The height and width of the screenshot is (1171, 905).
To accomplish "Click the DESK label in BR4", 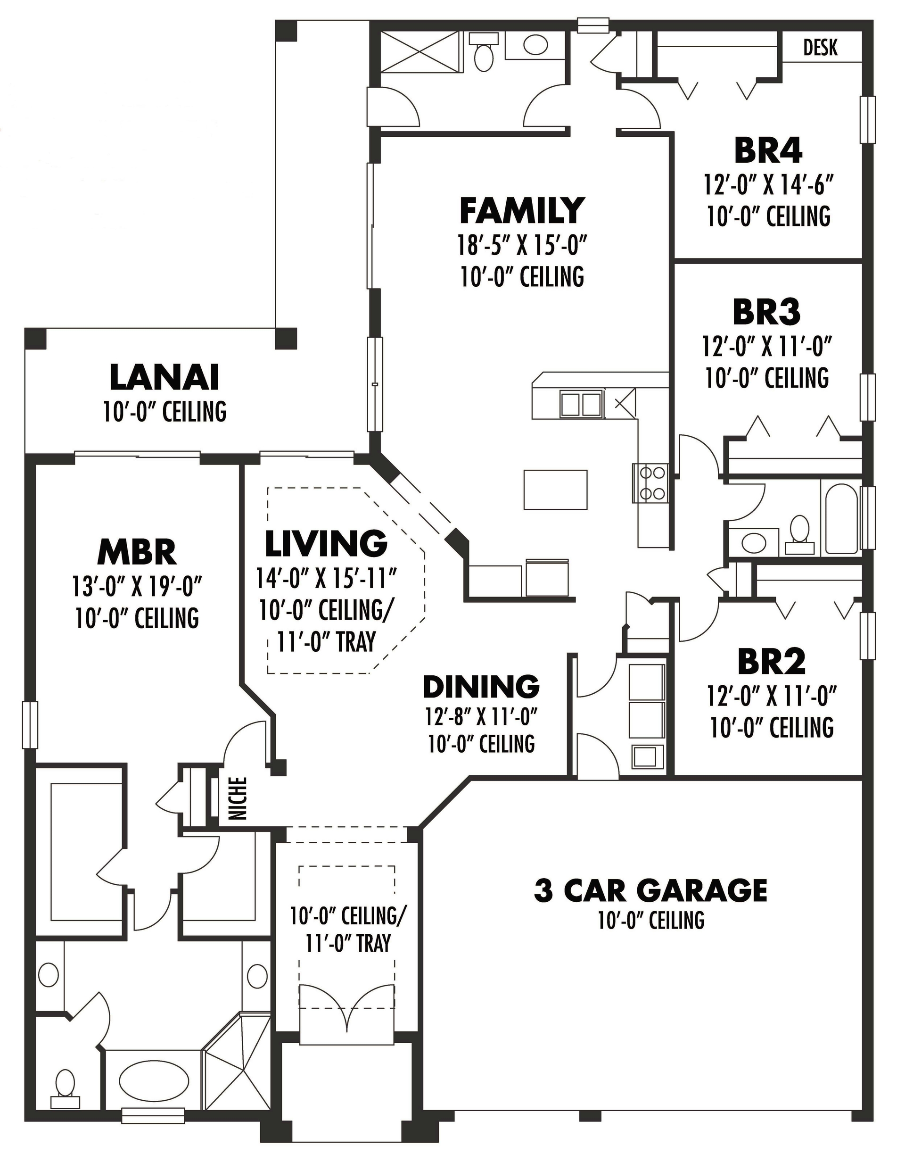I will [820, 48].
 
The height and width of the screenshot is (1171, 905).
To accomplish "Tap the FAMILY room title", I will [521, 210].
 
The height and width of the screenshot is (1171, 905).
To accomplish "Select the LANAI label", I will [165, 377].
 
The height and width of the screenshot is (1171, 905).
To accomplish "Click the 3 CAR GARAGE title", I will [650, 890].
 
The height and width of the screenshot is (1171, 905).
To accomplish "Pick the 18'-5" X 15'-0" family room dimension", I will [521, 246].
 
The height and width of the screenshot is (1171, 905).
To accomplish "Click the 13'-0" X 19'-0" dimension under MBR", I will [137, 587].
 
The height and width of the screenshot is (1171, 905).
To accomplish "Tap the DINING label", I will [481, 687].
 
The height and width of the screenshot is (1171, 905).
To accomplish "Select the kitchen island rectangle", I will [555, 489].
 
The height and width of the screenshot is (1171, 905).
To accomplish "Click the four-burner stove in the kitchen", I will [650, 482].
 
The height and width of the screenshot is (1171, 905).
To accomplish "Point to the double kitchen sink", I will [581, 404].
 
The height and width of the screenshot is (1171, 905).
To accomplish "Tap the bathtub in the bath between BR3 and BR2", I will [842, 518].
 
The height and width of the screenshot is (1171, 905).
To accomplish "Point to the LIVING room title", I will [326, 543].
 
